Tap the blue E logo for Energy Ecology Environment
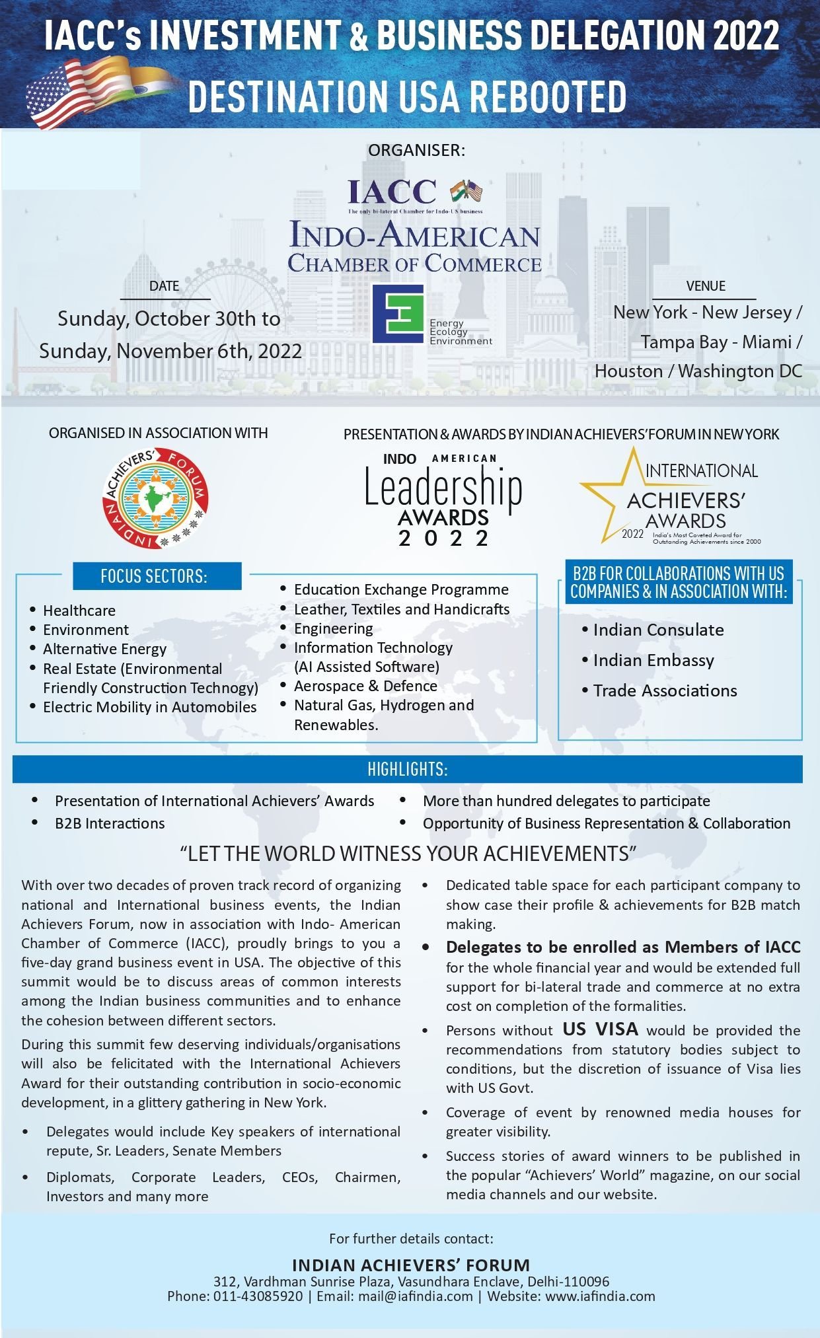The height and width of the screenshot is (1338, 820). (398, 314)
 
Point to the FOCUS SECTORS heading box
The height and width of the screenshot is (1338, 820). (154, 576)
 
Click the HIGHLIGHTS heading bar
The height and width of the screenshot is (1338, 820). (408, 769)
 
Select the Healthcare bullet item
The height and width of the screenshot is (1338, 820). (79, 611)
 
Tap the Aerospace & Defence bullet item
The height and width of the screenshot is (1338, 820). (365, 686)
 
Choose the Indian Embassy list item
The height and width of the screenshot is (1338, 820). (653, 660)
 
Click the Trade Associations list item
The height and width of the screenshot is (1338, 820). (665, 690)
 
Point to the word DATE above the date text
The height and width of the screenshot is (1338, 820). (164, 286)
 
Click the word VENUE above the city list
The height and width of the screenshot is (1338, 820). (706, 286)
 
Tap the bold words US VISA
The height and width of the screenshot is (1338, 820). (600, 1029)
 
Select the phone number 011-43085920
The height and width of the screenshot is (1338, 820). (258, 1296)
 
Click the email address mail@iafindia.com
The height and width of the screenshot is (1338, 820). (416, 1296)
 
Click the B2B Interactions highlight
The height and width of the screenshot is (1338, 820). (110, 823)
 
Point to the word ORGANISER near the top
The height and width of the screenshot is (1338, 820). (416, 151)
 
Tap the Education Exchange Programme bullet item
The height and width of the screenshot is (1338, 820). (401, 589)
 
